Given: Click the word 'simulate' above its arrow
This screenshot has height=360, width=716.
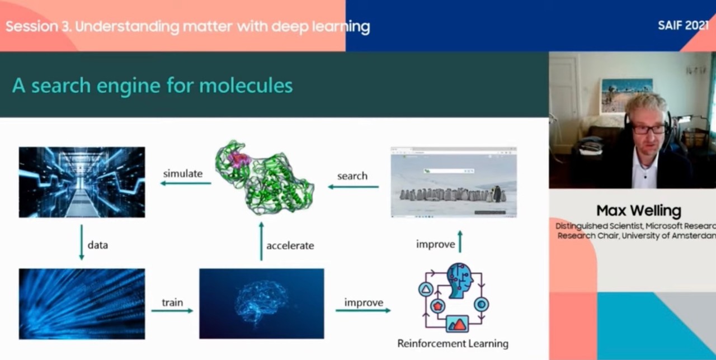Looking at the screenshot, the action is pos(183,173).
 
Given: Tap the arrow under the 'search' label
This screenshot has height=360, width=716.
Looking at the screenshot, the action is pos(353,187).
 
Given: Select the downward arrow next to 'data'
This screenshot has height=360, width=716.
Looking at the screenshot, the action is pos(82,242).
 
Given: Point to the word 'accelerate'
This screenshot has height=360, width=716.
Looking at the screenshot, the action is pos(290,245).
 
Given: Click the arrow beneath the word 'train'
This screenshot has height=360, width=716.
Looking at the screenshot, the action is pos(172,310).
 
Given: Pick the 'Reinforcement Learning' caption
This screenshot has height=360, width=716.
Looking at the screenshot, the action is pos(453,343).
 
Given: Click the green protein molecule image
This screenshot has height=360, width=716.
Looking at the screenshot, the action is pos(265,177).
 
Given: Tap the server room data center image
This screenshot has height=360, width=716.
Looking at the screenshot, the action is pos(82,182).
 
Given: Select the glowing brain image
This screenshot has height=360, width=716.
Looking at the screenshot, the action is pos(261,304).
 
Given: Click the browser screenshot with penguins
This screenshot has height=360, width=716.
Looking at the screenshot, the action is pos(454,182).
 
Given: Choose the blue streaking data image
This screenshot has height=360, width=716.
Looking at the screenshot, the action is pos(82,304).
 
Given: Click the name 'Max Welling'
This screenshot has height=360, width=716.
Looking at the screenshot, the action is pos(639,211).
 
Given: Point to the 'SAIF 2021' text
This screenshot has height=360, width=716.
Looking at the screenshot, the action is pos(683,26).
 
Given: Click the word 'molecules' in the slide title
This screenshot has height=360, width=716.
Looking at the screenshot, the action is pos(246,86).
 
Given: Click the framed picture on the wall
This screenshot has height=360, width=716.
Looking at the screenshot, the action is pos(626,96).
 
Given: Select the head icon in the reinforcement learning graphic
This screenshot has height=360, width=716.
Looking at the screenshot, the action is pos(460,280).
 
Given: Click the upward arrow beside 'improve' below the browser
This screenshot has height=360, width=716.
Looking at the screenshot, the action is pos(460,242).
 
